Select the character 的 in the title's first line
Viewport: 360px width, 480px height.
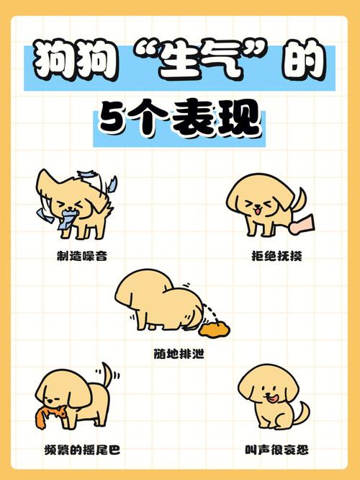coord(307,66)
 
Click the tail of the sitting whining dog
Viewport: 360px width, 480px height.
coord(303,414)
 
